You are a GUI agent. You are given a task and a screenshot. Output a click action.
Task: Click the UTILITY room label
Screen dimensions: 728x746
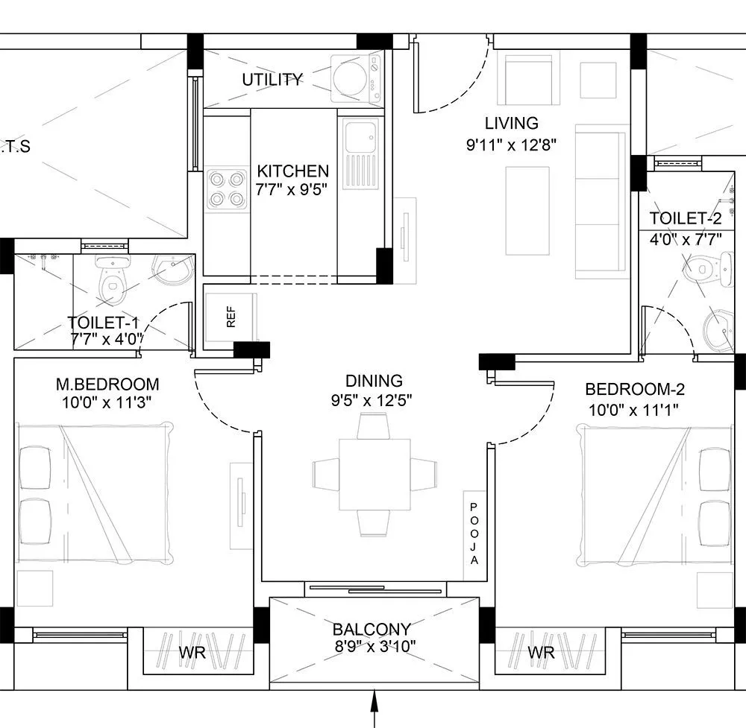tap(272, 80)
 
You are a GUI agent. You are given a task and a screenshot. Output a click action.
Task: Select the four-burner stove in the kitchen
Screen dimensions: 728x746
tap(227, 189)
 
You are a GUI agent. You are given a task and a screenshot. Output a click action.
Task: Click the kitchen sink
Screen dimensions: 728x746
tap(359, 136)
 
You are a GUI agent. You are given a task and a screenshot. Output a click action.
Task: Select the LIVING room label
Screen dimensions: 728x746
tap(511, 124)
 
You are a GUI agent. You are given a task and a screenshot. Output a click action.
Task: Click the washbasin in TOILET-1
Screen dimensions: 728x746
tap(171, 269)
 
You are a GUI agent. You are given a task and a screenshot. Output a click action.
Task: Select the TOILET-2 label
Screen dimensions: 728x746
tap(686, 219)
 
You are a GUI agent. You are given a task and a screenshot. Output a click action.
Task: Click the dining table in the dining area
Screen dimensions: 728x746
tap(374, 474)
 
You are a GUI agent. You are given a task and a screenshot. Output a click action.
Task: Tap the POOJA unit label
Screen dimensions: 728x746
tap(473, 533)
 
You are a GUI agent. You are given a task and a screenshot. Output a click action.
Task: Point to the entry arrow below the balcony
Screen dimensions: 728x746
tap(374, 708)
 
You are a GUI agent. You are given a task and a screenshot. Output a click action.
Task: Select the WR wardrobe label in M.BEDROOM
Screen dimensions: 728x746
tap(192, 653)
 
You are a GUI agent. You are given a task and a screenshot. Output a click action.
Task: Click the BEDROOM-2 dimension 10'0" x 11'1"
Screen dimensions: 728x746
tap(634, 408)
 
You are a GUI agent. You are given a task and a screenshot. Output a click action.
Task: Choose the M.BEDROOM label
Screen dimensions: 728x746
tap(107, 384)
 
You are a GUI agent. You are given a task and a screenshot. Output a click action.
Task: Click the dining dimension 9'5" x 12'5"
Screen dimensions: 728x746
tap(374, 400)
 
